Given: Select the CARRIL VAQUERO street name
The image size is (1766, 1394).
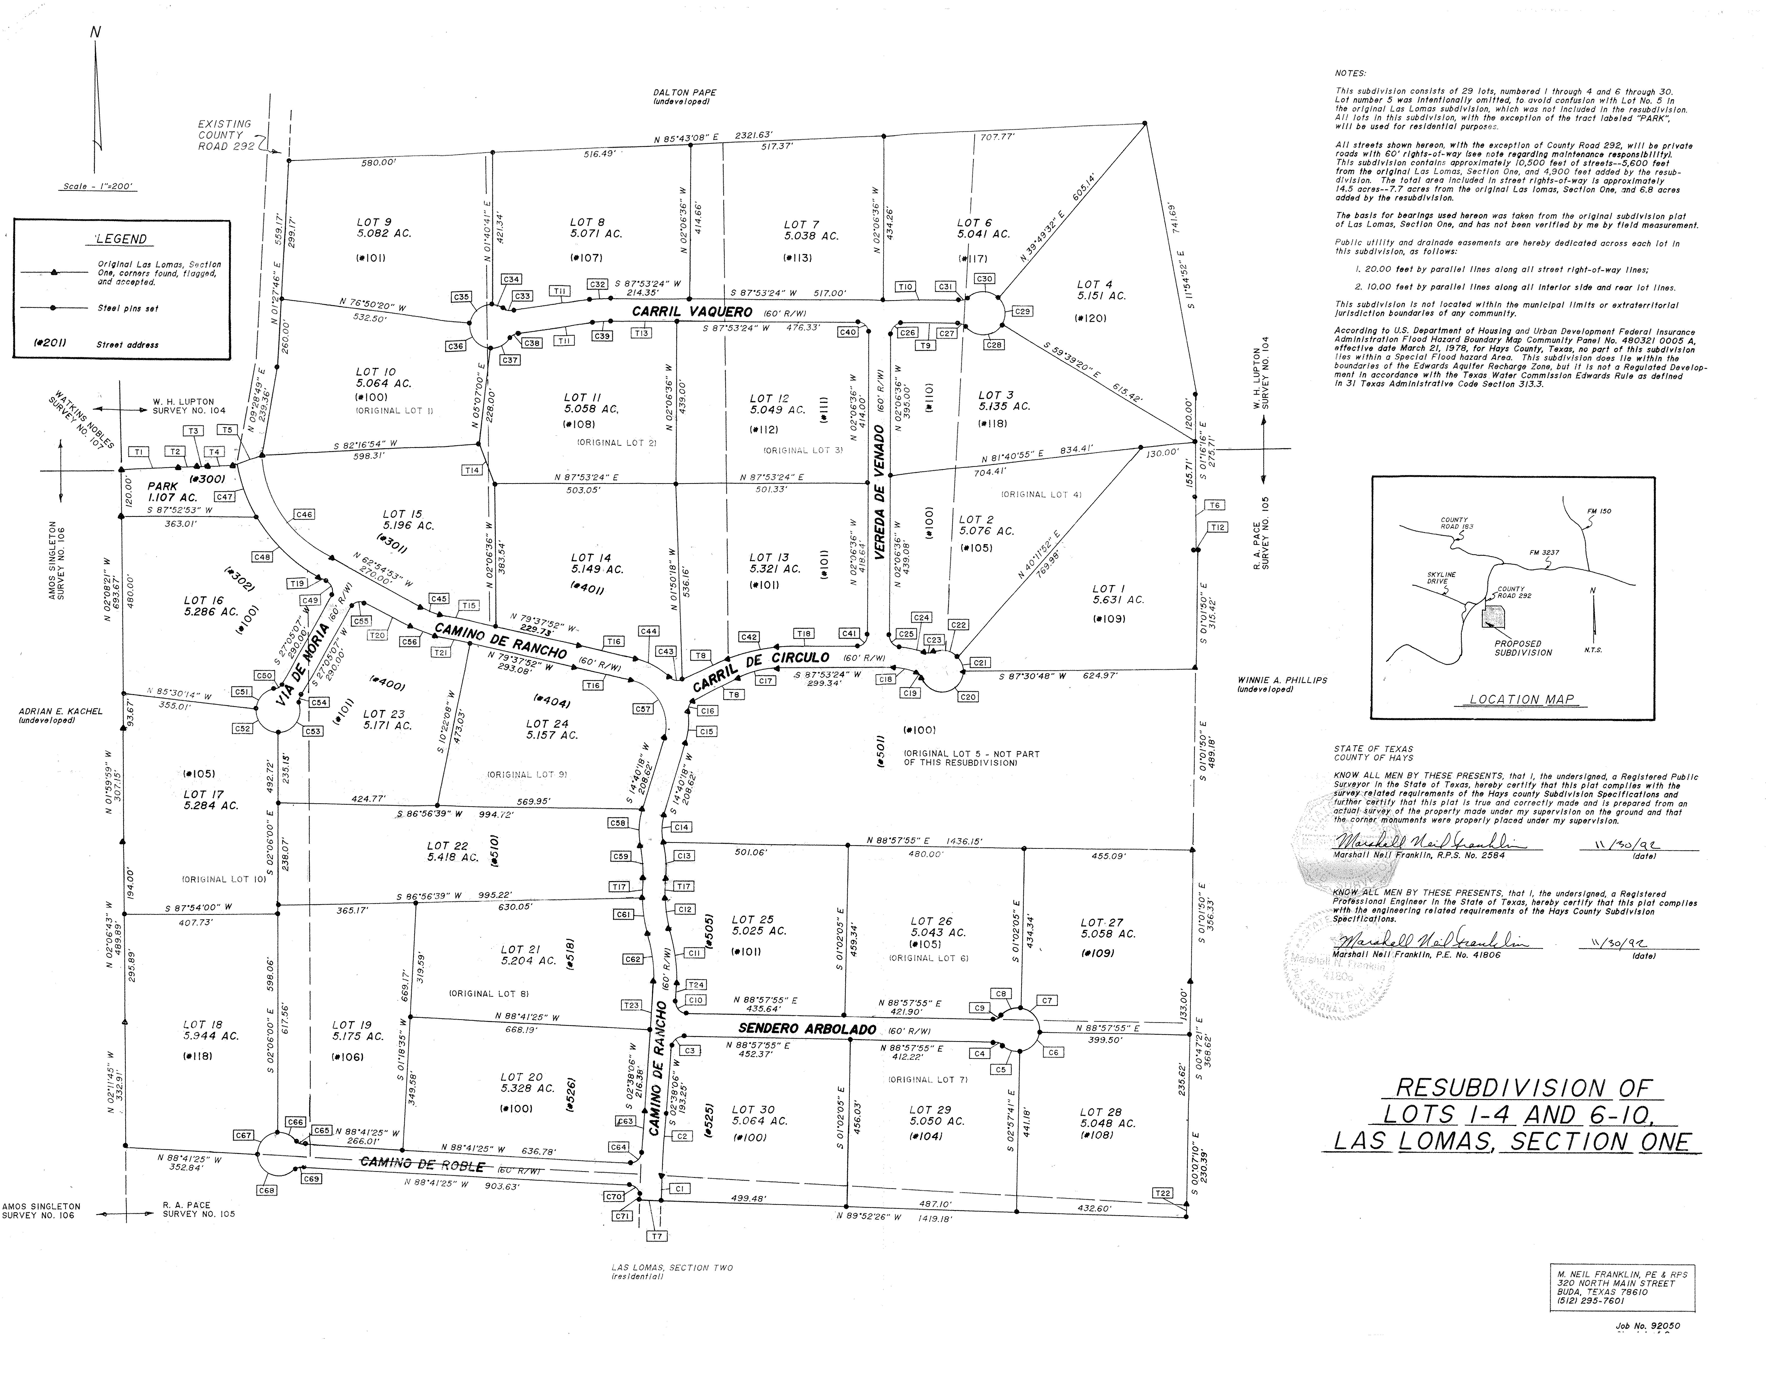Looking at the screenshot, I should pos(692,312).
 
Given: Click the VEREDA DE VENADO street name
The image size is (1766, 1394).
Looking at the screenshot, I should pos(879,491).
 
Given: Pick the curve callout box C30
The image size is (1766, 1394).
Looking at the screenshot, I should pos(985,279).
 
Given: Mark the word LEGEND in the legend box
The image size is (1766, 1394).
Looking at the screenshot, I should pos(121,239).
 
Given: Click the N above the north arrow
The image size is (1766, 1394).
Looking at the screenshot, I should pos(96,33).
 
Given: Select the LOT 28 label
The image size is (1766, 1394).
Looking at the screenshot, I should pos(1100,1112).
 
